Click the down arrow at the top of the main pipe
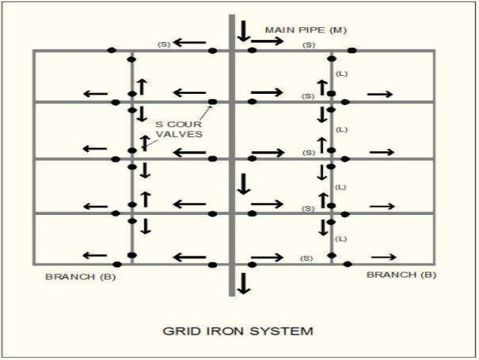pyautogui.click(x=243, y=31)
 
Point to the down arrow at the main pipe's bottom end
pyautogui.click(x=243, y=283)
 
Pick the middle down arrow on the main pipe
pyautogui.click(x=243, y=183)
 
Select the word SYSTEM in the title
pyautogui.click(x=285, y=330)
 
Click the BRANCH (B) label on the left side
pyautogui.click(x=81, y=277)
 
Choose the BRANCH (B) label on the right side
pyautogui.click(x=401, y=274)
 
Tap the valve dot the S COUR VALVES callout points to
pyautogui.click(x=212, y=101)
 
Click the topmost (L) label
pyautogui.click(x=342, y=74)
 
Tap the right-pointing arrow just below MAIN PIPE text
pyautogui.click(x=268, y=42)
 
